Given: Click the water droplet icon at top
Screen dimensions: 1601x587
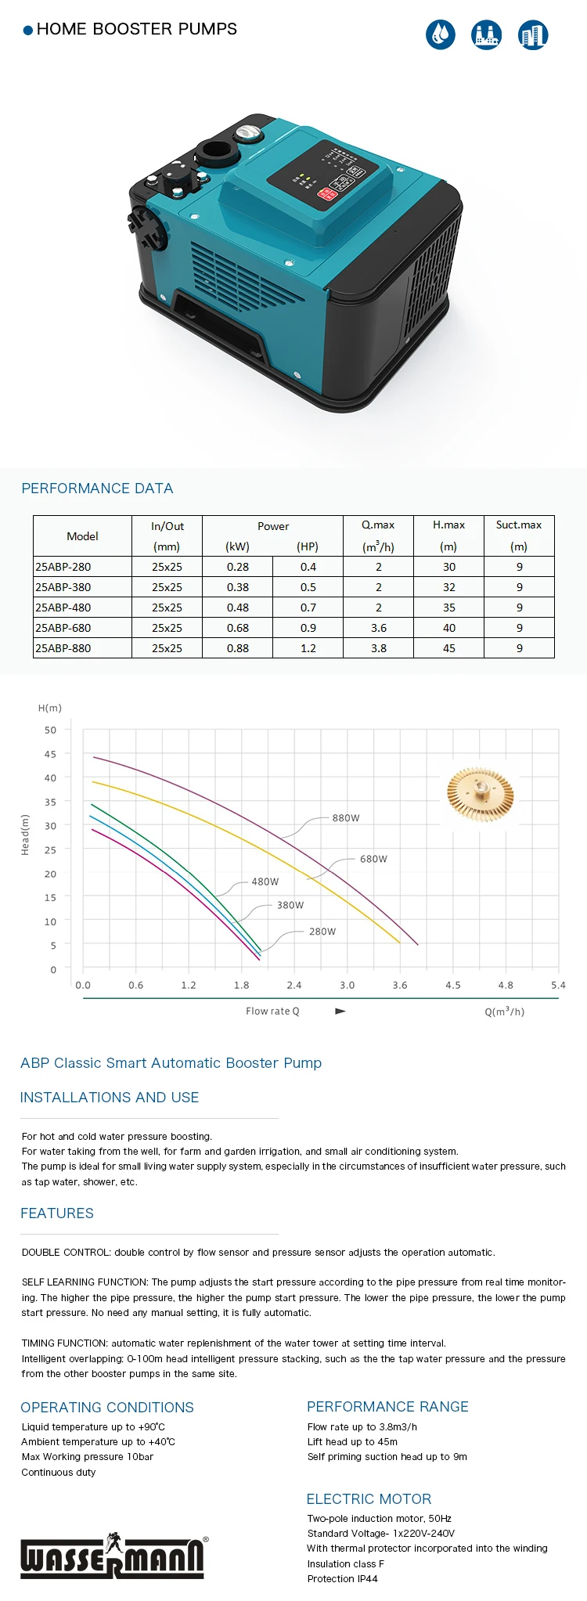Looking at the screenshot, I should [x=441, y=34].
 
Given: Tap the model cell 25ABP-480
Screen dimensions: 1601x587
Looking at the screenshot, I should [x=63, y=608].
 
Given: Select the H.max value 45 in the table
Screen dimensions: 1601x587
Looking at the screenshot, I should [x=448, y=648].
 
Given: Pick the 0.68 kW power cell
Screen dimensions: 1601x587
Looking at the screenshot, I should [x=237, y=628].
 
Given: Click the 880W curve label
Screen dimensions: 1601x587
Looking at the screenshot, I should [x=345, y=818].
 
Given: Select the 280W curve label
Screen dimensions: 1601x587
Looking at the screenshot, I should [x=322, y=932].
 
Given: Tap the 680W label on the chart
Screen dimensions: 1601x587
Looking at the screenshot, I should [x=373, y=859].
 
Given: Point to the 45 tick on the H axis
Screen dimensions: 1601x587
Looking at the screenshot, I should [x=50, y=754].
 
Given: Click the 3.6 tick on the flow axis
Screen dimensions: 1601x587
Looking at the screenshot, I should [x=400, y=986].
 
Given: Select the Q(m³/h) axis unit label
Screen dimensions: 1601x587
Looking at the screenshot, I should [x=504, y=1011].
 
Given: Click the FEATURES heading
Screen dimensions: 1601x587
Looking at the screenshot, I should [x=57, y=1213].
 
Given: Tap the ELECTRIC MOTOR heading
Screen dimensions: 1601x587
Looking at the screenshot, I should [x=369, y=1499].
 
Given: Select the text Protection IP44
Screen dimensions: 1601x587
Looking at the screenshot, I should [x=342, y=1578].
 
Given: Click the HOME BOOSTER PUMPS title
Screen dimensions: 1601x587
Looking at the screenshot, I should [x=136, y=29].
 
